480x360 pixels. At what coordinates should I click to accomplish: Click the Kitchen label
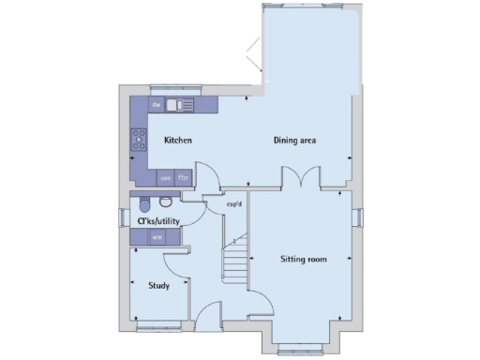tap(178, 141)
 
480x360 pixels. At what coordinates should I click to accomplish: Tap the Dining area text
tap(294, 141)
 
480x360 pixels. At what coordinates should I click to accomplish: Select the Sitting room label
tap(304, 258)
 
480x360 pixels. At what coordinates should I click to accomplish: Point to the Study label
tap(158, 285)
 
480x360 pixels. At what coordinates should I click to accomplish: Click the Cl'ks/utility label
tap(158, 221)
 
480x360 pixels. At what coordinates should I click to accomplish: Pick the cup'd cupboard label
tap(235, 205)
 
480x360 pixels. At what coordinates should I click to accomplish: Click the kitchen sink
tap(182, 104)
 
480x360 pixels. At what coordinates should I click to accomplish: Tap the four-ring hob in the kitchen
tap(139, 141)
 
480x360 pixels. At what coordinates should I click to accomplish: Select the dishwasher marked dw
tap(157, 103)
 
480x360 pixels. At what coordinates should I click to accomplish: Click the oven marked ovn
tap(165, 177)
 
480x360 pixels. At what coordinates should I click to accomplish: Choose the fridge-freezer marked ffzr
tap(185, 177)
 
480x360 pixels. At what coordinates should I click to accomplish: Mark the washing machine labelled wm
tap(157, 237)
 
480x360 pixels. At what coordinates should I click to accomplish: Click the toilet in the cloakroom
tap(146, 203)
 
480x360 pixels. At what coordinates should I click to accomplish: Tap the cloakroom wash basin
tap(167, 202)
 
